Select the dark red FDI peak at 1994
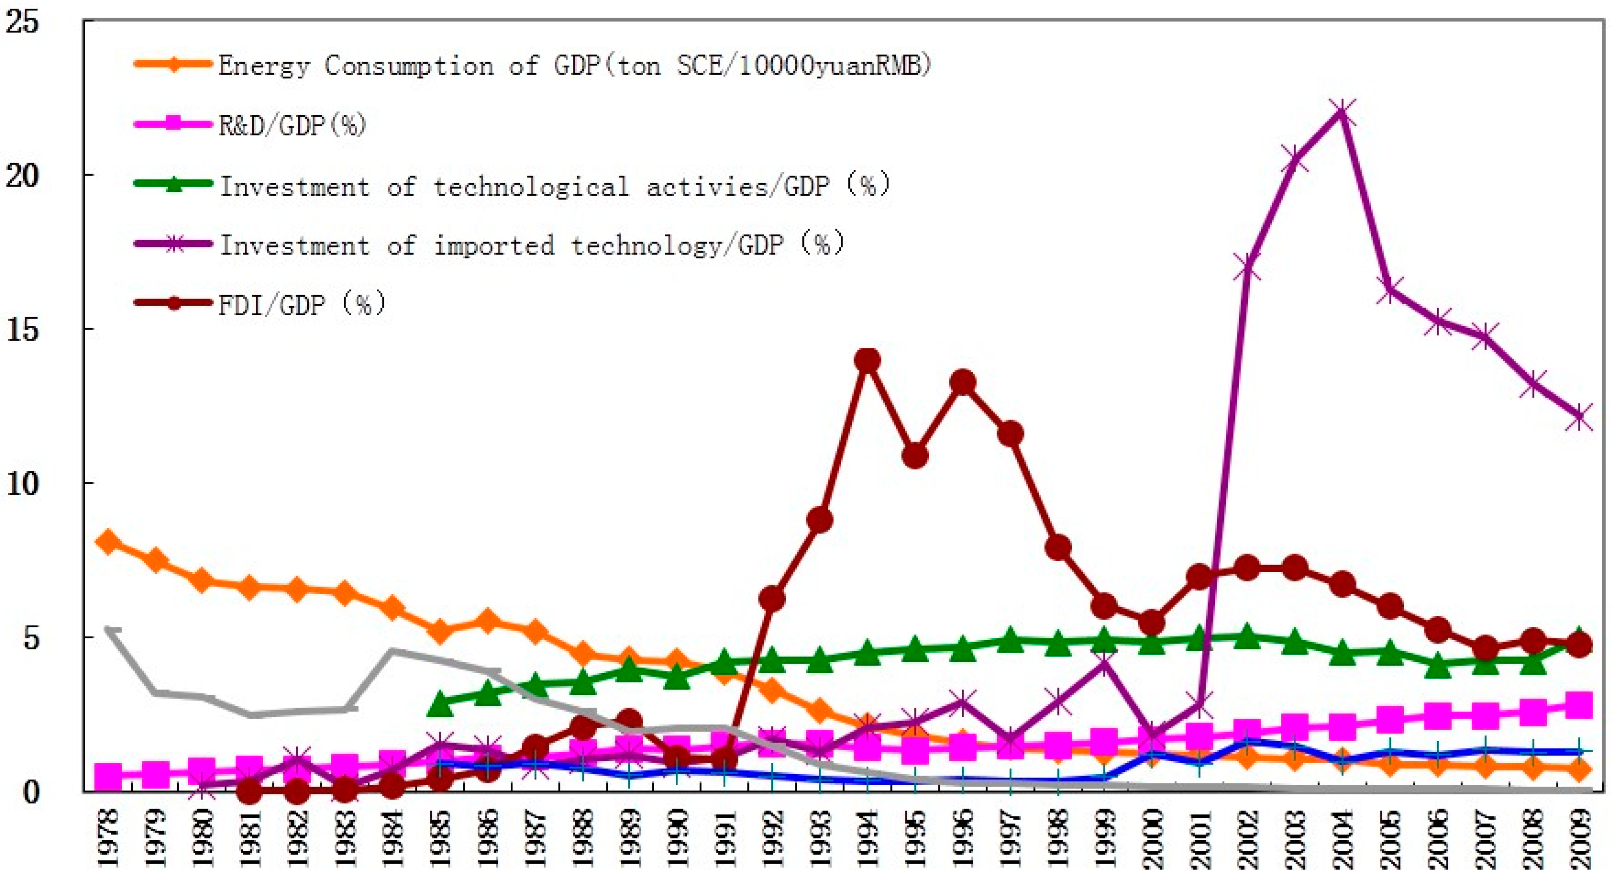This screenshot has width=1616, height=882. [x=867, y=360]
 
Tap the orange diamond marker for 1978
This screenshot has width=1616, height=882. [x=108, y=541]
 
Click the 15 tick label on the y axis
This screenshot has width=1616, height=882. [x=22, y=329]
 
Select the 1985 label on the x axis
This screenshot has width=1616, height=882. [x=441, y=837]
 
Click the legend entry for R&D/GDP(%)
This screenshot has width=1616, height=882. [x=291, y=125]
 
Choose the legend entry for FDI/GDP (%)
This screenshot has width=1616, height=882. [x=301, y=304]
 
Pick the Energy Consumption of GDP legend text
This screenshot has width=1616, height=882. [x=574, y=65]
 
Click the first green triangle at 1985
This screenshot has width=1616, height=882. [x=441, y=704]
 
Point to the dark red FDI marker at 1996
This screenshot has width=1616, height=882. [x=963, y=382]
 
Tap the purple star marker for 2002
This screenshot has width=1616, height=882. [x=1246, y=267]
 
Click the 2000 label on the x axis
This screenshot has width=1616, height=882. [x=1153, y=837]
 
